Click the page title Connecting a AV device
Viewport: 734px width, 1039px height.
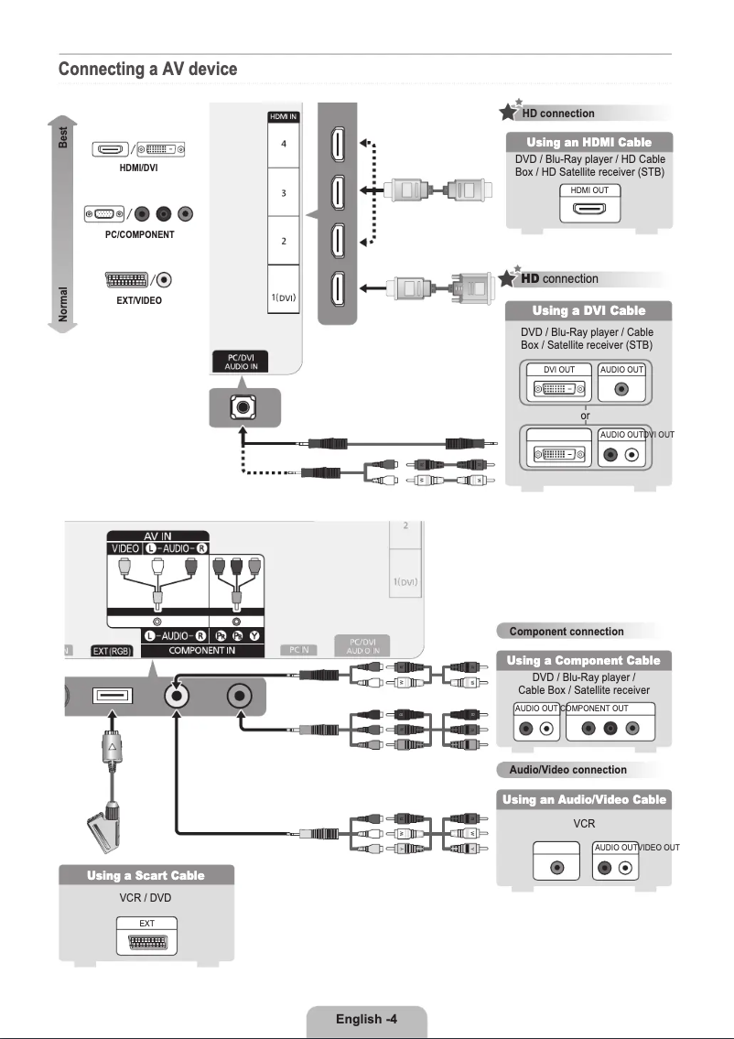147,70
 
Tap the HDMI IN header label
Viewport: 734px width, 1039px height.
283,116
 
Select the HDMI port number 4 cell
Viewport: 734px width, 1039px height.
283,144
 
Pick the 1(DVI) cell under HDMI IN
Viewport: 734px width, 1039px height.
283,298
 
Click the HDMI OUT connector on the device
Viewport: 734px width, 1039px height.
588,208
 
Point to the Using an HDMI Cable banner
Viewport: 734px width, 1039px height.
588,142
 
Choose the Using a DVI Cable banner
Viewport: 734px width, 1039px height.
588,310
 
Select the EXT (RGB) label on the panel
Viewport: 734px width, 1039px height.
112,650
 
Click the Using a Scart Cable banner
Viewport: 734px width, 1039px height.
146,875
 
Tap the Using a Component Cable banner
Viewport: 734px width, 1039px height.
583,660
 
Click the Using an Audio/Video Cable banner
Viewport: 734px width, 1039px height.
583,799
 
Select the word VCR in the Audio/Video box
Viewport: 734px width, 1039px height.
584,824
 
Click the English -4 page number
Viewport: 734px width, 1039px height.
365,1019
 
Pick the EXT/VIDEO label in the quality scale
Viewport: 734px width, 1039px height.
139,300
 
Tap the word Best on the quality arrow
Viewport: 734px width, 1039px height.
63,136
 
